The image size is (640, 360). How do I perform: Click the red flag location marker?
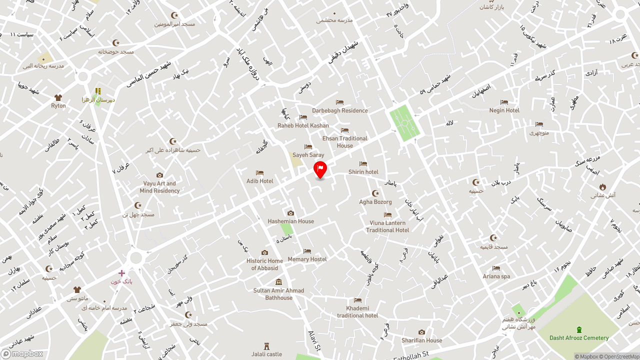pos(320,169)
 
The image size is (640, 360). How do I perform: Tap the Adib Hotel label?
pos(260,181)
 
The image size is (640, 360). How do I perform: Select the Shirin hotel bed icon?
pos(363,164)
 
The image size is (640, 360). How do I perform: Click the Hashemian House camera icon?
pos(290,213)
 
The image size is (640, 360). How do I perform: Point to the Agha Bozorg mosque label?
pos(375,202)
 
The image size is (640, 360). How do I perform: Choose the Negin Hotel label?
pos(504,110)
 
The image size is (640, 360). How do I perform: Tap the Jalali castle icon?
pos(267,346)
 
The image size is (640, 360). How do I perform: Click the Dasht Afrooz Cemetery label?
pos(579,338)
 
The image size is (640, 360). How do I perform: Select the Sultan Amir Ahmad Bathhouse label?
pos(278,294)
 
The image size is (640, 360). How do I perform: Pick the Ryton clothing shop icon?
pos(58,98)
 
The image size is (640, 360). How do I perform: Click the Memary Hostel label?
pos(307,259)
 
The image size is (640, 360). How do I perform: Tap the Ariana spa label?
pos(496,276)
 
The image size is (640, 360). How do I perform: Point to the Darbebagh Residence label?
pos(340,110)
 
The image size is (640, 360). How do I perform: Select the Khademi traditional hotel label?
pos(357,312)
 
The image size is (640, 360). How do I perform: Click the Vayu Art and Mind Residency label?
pos(159,187)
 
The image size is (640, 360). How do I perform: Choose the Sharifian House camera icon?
pos(421,332)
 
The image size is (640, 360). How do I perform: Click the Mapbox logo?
pos(22,354)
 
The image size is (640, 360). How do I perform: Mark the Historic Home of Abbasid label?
pos(264,264)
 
